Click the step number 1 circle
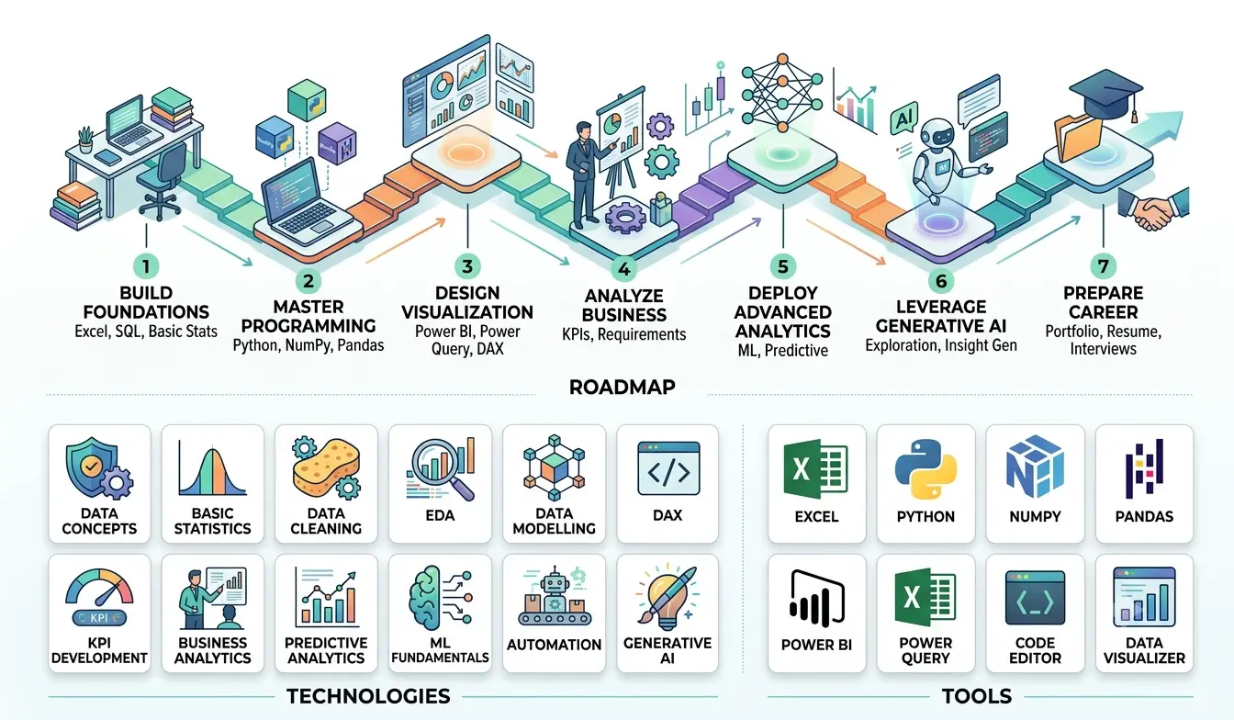tap(146, 266)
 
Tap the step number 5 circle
tap(783, 266)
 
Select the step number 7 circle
tap(1103, 266)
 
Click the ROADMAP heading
tap(622, 387)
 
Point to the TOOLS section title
tap(977, 696)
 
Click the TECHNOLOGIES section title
tap(368, 696)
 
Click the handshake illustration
tap(1154, 208)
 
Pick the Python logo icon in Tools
tap(925, 469)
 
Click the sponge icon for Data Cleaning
tap(327, 467)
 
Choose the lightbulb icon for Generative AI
tap(667, 598)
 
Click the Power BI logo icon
tap(816, 599)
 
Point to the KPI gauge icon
tap(99, 598)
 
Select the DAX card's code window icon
tap(668, 468)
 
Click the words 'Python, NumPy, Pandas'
tap(308, 345)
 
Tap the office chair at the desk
tap(161, 182)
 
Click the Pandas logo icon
tap(1144, 467)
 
